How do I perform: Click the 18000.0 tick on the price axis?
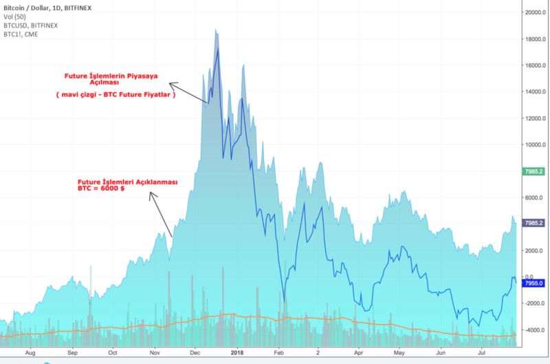tap(533, 39)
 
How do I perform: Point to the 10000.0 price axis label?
tap(533, 144)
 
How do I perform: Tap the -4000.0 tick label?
tap(534, 330)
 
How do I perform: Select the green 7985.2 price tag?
tap(533, 171)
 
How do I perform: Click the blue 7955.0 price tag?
tap(533, 283)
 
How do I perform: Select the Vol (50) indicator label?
tap(15, 16)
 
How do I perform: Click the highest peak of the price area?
tap(216, 30)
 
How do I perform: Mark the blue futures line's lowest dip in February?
tap(285, 301)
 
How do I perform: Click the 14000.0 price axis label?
tap(533, 92)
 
